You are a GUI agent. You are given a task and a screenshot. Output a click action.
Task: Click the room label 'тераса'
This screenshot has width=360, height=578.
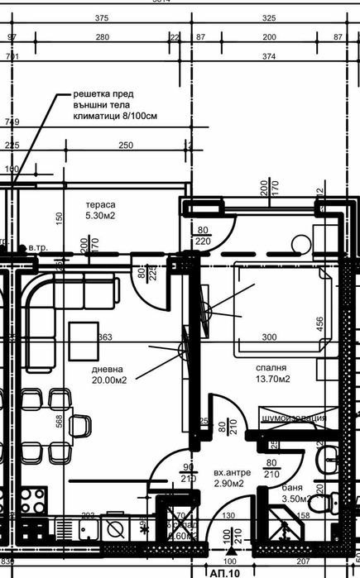click(x=102, y=204)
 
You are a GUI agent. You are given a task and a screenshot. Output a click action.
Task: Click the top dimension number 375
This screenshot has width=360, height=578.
click(x=103, y=17)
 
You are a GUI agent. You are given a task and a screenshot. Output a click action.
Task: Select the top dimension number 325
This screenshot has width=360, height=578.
click(x=269, y=17)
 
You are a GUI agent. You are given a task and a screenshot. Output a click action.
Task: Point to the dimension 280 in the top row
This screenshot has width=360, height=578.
click(x=103, y=38)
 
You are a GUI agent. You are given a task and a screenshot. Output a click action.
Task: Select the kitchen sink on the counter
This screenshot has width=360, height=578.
click(x=114, y=527)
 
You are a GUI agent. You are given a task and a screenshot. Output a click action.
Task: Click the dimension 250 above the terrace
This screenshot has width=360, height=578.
click(x=125, y=146)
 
